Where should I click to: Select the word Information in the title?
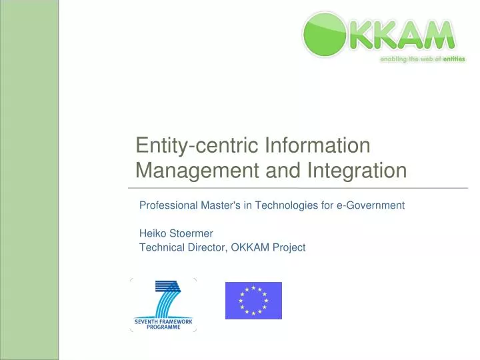tap(317, 145)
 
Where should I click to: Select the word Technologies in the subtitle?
tap(285, 205)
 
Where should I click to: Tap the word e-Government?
tap(370, 205)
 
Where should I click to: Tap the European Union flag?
tap(253, 300)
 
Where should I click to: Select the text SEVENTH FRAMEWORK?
tap(163, 321)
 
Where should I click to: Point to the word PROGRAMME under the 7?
tap(163, 327)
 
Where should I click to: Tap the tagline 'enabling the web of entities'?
tap(422, 59)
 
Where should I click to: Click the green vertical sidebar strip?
tap(29, 180)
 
